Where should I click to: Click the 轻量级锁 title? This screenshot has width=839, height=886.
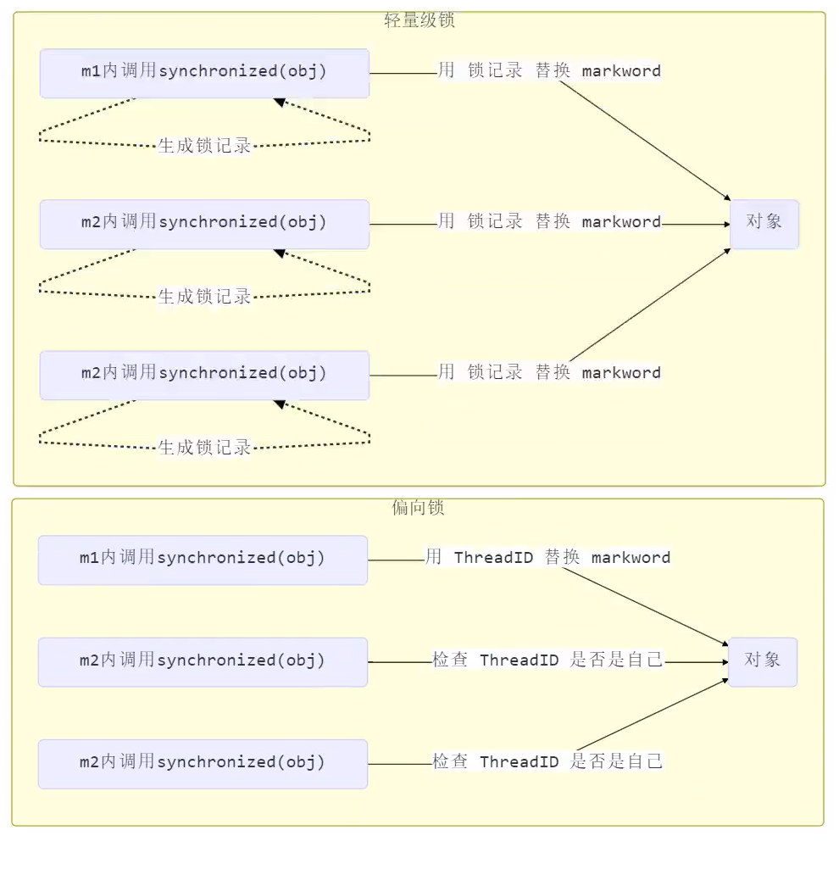pyautogui.click(x=419, y=21)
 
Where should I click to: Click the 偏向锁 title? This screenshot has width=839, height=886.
pyautogui.click(x=418, y=508)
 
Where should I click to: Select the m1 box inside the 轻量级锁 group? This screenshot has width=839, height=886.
pyautogui.click(x=204, y=73)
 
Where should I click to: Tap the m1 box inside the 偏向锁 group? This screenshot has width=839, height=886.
pyautogui.click(x=203, y=560)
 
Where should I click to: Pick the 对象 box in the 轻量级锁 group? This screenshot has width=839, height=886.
pyautogui.click(x=764, y=224)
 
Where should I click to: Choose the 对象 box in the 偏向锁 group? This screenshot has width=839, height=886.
pyautogui.click(x=762, y=661)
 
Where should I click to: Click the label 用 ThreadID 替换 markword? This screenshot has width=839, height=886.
pyautogui.click(x=548, y=558)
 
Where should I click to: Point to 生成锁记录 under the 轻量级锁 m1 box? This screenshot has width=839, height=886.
pyautogui.click(x=205, y=145)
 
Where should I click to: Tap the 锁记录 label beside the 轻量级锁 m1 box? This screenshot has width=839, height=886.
pyautogui.click(x=495, y=71)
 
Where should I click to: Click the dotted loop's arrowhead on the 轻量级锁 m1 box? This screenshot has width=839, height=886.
pyautogui.click(x=278, y=102)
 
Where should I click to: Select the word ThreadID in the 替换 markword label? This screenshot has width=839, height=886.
pyautogui.click(x=494, y=558)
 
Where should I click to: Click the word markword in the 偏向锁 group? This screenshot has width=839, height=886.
pyautogui.click(x=631, y=558)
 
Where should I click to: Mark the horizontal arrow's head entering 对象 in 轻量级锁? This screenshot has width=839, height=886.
pyautogui.click(x=725, y=225)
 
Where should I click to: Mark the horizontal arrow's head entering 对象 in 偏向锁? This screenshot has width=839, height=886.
pyautogui.click(x=724, y=662)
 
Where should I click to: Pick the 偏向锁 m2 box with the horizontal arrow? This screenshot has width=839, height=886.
pyautogui.click(x=203, y=661)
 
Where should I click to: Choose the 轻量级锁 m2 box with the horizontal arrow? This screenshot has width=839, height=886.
pyautogui.click(x=204, y=224)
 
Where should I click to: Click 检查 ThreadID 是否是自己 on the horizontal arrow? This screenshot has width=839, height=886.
pyautogui.click(x=548, y=660)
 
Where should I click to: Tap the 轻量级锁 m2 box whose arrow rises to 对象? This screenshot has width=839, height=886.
pyautogui.click(x=204, y=375)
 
